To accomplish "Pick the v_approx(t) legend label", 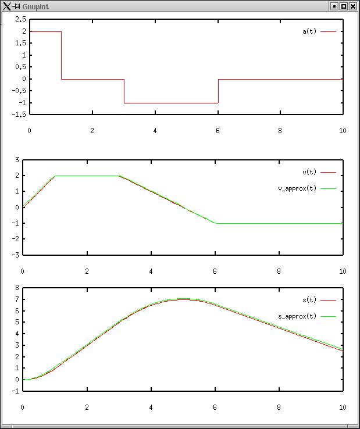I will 298,188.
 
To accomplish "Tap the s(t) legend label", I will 309,300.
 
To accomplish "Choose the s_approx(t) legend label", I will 298,316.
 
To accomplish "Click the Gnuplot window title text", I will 35,6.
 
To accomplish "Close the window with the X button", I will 353,6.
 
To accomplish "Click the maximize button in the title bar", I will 344,6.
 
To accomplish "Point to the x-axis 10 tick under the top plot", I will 343,130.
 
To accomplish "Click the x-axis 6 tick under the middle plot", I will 215,271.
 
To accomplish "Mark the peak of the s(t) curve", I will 183,299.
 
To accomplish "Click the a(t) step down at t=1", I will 61,55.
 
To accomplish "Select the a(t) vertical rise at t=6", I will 218,91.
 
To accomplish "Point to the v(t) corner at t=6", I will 216,223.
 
